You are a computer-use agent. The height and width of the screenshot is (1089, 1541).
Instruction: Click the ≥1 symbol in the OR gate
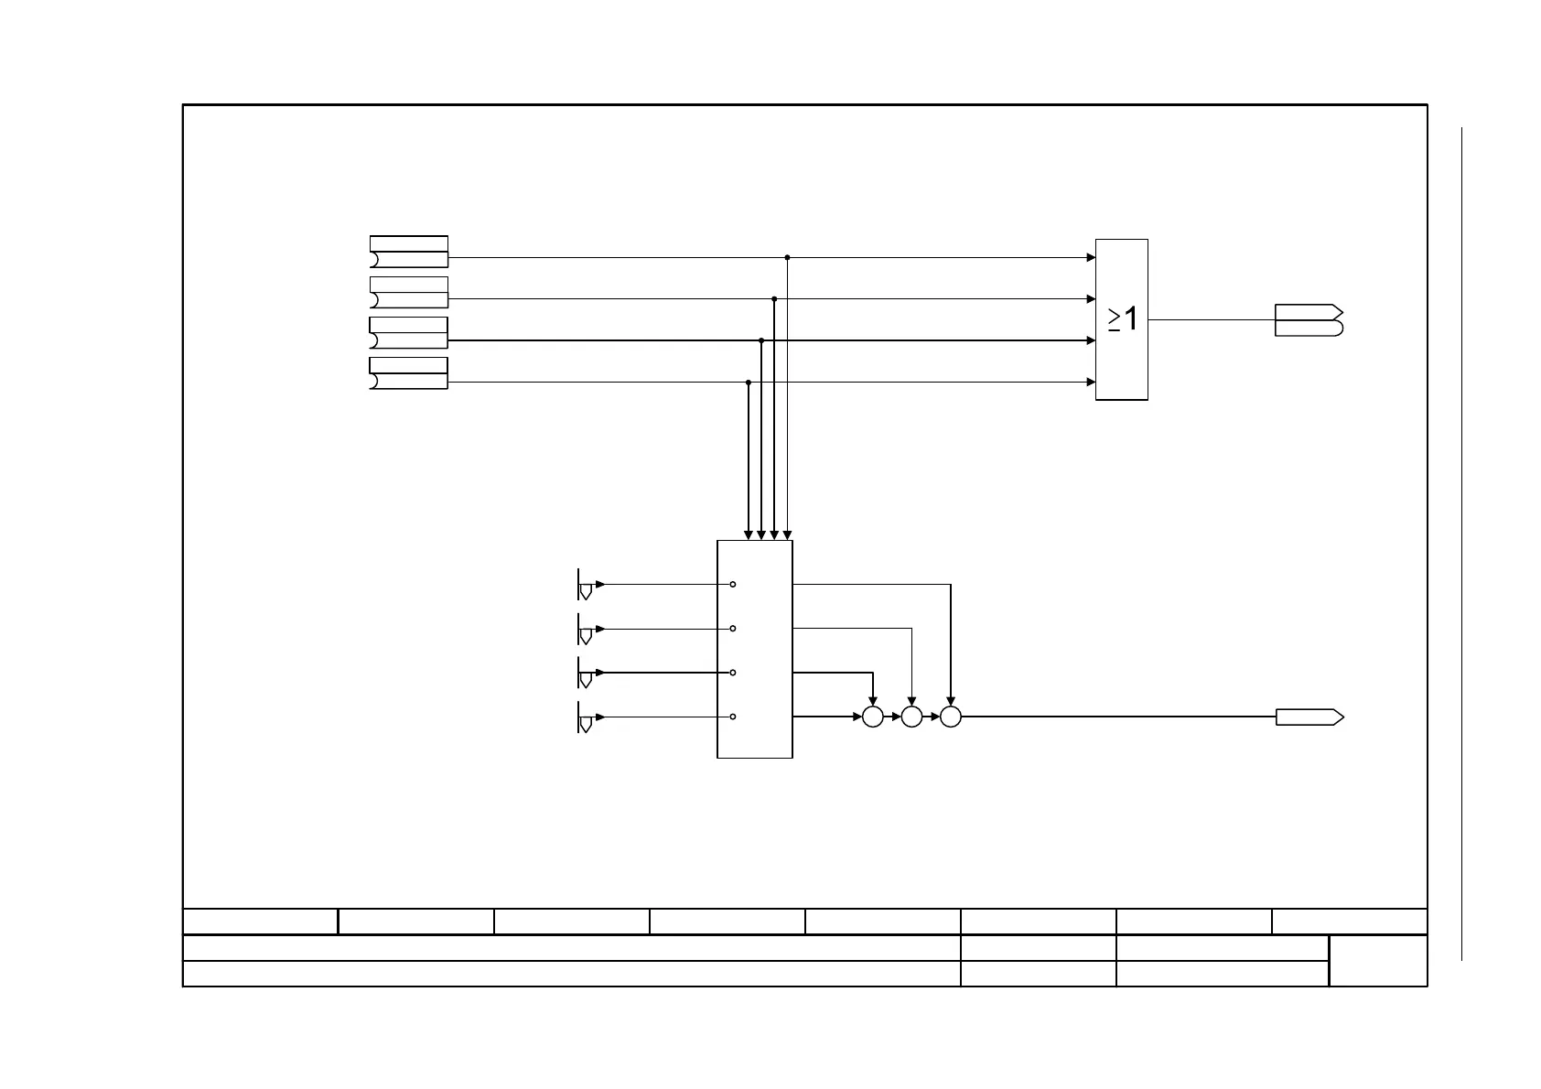[x=1123, y=319]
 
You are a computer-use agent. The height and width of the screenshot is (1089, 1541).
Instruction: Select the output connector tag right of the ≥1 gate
[x=1309, y=320]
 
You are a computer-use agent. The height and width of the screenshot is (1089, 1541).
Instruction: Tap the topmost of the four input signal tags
[x=409, y=252]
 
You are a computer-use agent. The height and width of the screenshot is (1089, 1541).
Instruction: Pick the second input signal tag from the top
[x=409, y=293]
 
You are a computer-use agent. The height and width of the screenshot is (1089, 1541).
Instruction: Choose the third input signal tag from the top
[x=409, y=333]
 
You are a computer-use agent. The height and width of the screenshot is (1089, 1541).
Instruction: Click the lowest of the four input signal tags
[x=409, y=374]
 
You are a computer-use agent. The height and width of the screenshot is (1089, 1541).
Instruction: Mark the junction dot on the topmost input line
[x=787, y=258]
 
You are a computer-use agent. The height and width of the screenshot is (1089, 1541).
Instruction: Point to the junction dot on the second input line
[x=774, y=299]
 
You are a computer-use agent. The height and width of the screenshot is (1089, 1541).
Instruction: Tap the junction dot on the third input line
[x=761, y=340]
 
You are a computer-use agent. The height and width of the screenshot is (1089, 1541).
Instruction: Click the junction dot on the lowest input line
[x=749, y=383]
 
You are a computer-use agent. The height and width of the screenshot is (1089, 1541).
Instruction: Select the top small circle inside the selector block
[x=734, y=584]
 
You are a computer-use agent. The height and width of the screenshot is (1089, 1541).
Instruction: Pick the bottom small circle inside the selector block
[x=734, y=717]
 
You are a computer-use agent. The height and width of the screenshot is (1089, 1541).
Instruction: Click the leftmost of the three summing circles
[x=873, y=717]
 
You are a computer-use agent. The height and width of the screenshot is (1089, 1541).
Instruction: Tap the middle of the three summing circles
[x=911, y=717]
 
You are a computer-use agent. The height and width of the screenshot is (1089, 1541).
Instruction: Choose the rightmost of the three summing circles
[x=951, y=717]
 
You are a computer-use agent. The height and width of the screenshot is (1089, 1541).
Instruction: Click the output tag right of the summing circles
[x=1309, y=717]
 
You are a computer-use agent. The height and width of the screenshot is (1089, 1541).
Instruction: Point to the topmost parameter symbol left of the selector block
[x=587, y=585]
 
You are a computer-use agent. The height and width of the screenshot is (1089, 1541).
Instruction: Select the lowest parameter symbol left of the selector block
[x=587, y=717]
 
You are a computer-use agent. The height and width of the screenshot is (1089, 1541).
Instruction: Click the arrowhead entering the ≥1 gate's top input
[x=1091, y=258]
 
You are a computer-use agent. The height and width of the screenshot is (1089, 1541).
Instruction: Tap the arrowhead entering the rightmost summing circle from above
[x=951, y=702]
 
